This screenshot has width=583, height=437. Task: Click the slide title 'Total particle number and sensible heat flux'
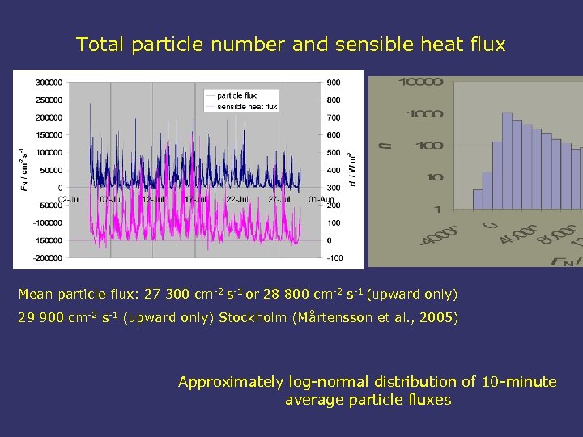pyautogui.click(x=291, y=45)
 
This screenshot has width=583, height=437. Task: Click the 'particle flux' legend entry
pyautogui.click(x=236, y=95)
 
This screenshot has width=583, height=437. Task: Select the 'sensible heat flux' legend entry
pyautogui.click(x=247, y=106)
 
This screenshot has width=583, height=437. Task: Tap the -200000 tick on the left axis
pyautogui.click(x=49, y=258)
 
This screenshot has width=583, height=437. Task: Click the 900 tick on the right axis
pyautogui.click(x=334, y=83)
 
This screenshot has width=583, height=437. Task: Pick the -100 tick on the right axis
pyautogui.click(x=334, y=258)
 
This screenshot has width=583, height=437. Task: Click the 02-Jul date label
pyautogui.click(x=68, y=199)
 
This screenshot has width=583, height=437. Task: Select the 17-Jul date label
pyautogui.click(x=194, y=199)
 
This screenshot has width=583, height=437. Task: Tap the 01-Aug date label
pyautogui.click(x=321, y=199)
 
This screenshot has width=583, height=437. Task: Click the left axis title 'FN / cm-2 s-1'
pyautogui.click(x=22, y=170)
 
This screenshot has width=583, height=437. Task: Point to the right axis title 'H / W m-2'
pyautogui.click(x=352, y=170)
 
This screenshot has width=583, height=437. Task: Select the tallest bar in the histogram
pyautogui.click(x=508, y=162)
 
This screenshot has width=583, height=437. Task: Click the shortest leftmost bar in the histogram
pyautogui.click(x=479, y=200)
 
